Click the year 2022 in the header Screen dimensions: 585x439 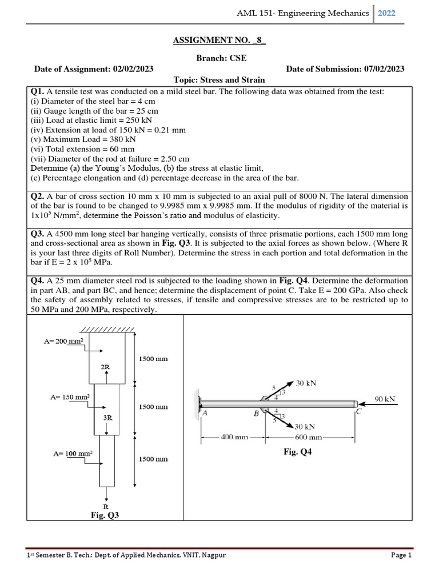[386, 13]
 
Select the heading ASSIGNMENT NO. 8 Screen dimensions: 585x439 [219, 42]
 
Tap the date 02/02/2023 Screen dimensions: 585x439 [133, 69]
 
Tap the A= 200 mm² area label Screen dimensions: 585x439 [63, 341]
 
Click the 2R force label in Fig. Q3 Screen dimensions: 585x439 [105, 367]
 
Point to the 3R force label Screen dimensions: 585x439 [107, 417]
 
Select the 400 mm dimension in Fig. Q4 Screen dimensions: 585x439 [234, 437]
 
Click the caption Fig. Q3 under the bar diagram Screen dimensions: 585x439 [105, 515]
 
